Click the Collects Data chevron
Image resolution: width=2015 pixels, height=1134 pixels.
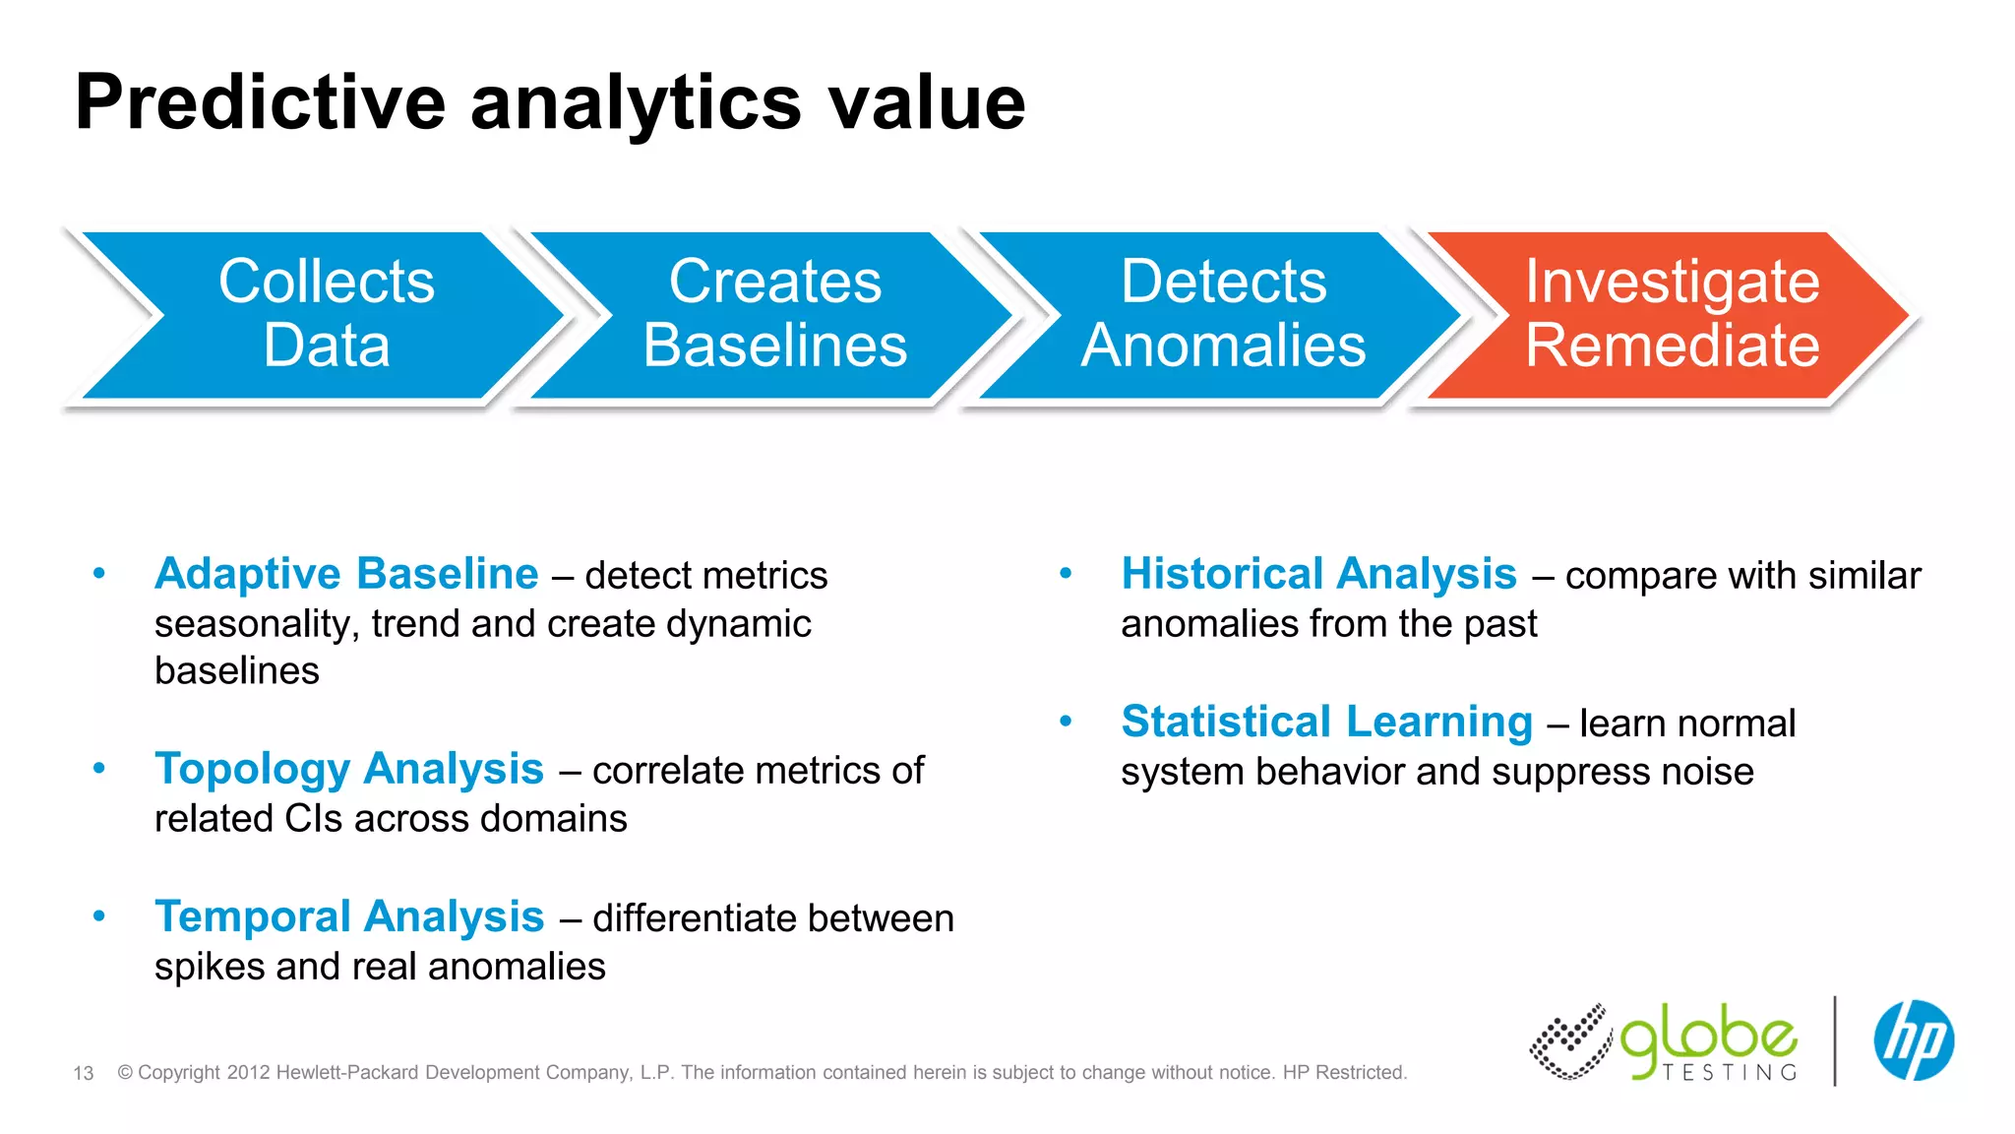point(325,315)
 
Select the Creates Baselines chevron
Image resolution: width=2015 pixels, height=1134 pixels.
point(774,315)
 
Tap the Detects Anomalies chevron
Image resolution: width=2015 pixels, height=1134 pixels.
point(1223,315)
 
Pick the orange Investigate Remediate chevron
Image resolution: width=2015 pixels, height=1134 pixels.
point(1672,315)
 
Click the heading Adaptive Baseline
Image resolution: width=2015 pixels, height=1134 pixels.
point(346,574)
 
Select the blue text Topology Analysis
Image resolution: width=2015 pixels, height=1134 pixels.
point(349,769)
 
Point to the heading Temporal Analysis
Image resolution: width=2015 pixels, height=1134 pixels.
point(349,916)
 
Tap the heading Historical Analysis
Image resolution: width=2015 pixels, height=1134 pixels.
point(1318,574)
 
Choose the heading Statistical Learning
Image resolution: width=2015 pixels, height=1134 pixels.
point(1326,722)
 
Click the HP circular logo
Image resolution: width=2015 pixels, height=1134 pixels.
point(1913,1040)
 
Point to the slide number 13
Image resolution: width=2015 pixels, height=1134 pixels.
point(84,1073)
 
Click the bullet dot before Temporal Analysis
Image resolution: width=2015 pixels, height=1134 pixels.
point(98,916)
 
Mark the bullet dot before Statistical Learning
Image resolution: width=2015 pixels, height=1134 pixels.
point(1066,722)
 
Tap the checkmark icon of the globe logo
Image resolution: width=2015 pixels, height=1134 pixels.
point(1570,1041)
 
